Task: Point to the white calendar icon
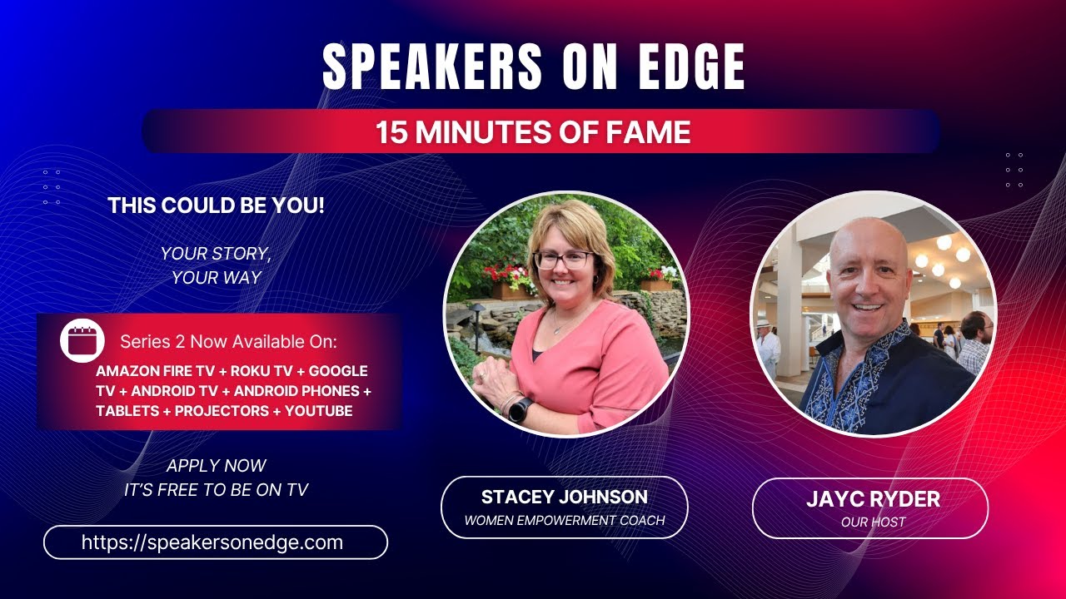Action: point(82,340)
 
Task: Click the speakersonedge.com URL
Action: point(212,542)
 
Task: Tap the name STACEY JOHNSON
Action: point(564,498)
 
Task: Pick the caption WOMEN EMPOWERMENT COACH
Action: point(564,521)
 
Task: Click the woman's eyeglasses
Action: point(564,260)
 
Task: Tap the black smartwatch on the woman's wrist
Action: point(521,409)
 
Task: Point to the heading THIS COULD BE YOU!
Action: point(216,205)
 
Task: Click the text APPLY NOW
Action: point(216,466)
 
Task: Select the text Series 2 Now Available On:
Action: point(228,341)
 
